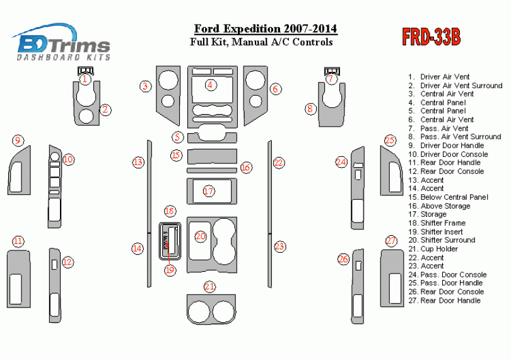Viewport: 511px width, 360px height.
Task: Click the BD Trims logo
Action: click(64, 43)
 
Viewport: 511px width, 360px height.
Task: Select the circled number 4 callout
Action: click(211, 84)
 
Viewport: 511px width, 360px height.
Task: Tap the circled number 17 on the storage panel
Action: click(209, 190)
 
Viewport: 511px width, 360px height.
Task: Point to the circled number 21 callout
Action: click(209, 287)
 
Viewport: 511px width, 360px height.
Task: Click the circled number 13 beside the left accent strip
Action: click(138, 162)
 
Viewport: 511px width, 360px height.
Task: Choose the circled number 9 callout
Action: click(18, 140)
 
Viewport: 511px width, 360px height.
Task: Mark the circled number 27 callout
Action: click(392, 241)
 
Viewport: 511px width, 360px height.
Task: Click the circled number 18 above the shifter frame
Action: click(169, 211)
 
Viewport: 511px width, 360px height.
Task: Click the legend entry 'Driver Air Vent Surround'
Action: click(461, 85)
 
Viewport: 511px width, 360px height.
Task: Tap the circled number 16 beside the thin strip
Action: click(246, 167)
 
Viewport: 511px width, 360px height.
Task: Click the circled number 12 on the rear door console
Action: click(68, 262)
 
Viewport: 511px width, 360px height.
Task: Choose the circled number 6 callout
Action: click(275, 89)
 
